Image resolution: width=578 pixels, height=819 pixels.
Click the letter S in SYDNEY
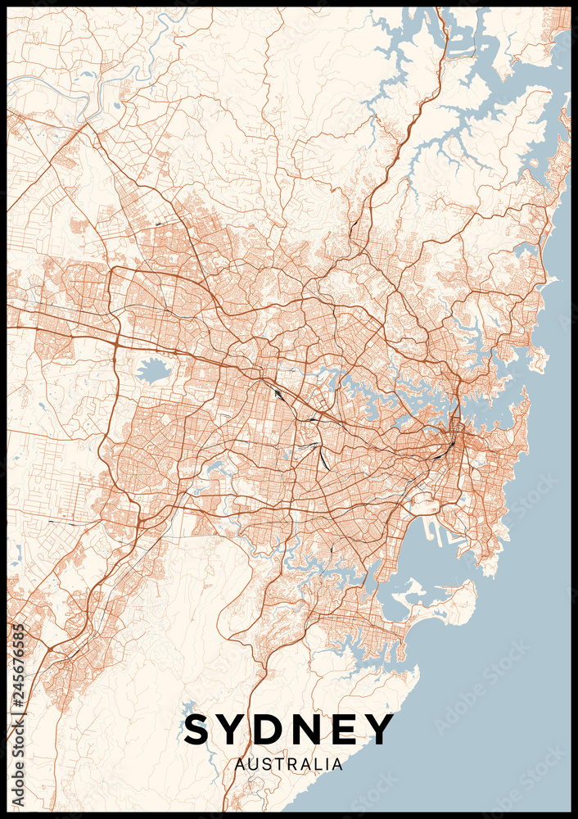click(199, 730)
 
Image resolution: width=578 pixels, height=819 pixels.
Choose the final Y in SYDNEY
click(380, 730)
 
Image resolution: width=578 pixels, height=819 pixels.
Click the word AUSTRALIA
click(289, 764)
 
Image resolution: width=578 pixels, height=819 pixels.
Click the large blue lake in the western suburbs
click(153, 371)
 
